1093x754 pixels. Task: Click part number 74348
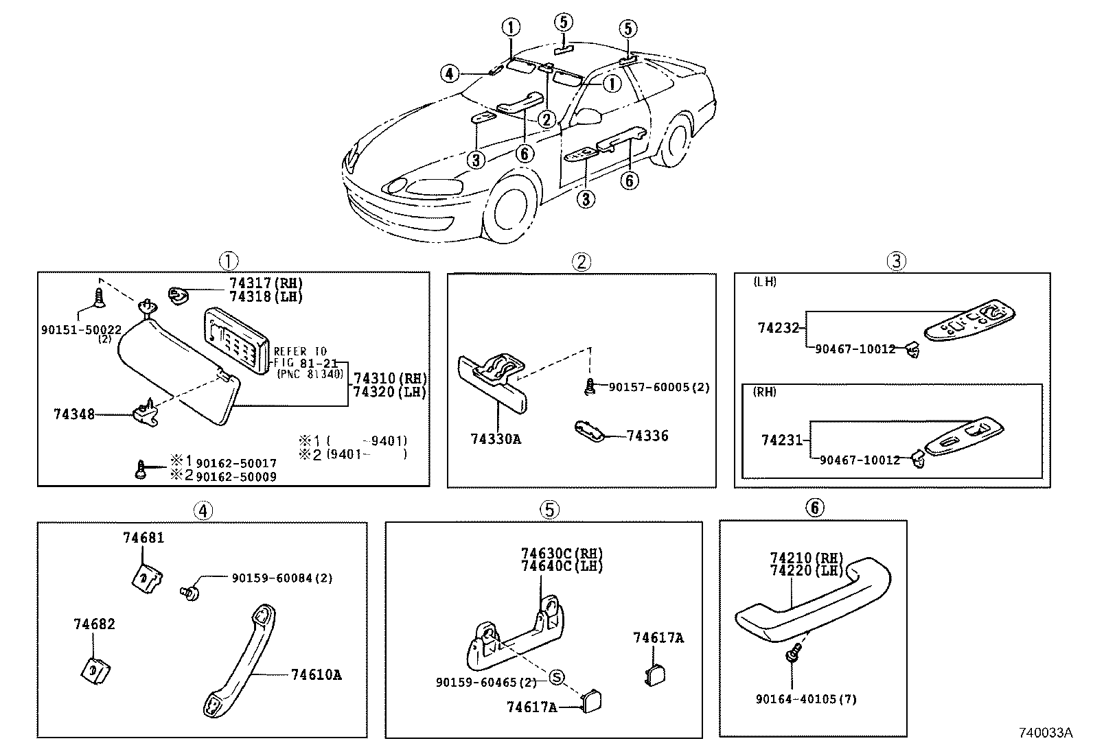pyautogui.click(x=74, y=414)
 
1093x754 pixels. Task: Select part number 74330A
pyautogui.click(x=496, y=438)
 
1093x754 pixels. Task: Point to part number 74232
pyautogui.click(x=779, y=328)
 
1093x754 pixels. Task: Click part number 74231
pyautogui.click(x=781, y=440)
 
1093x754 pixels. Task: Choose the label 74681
pyautogui.click(x=143, y=538)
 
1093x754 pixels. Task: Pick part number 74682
pyautogui.click(x=94, y=624)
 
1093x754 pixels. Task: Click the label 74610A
pyautogui.click(x=316, y=674)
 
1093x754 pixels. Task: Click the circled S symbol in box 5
pyautogui.click(x=557, y=678)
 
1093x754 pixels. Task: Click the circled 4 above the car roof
pyautogui.click(x=449, y=73)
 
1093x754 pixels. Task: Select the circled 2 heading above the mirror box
pyautogui.click(x=581, y=261)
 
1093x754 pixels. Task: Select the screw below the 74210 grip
pyautogui.click(x=794, y=652)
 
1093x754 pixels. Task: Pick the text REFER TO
pyautogui.click(x=300, y=351)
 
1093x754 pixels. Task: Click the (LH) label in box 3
pyautogui.click(x=764, y=282)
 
